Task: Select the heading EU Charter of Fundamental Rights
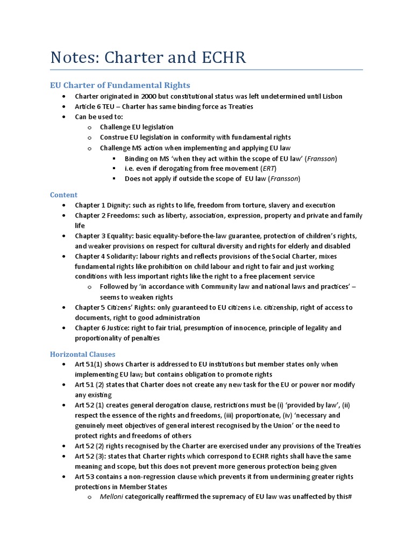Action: pos(120,85)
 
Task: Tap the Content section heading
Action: pos(63,194)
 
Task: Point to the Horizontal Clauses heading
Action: pos(82,354)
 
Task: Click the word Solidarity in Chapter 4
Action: pos(123,256)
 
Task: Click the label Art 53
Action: pos(85,476)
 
